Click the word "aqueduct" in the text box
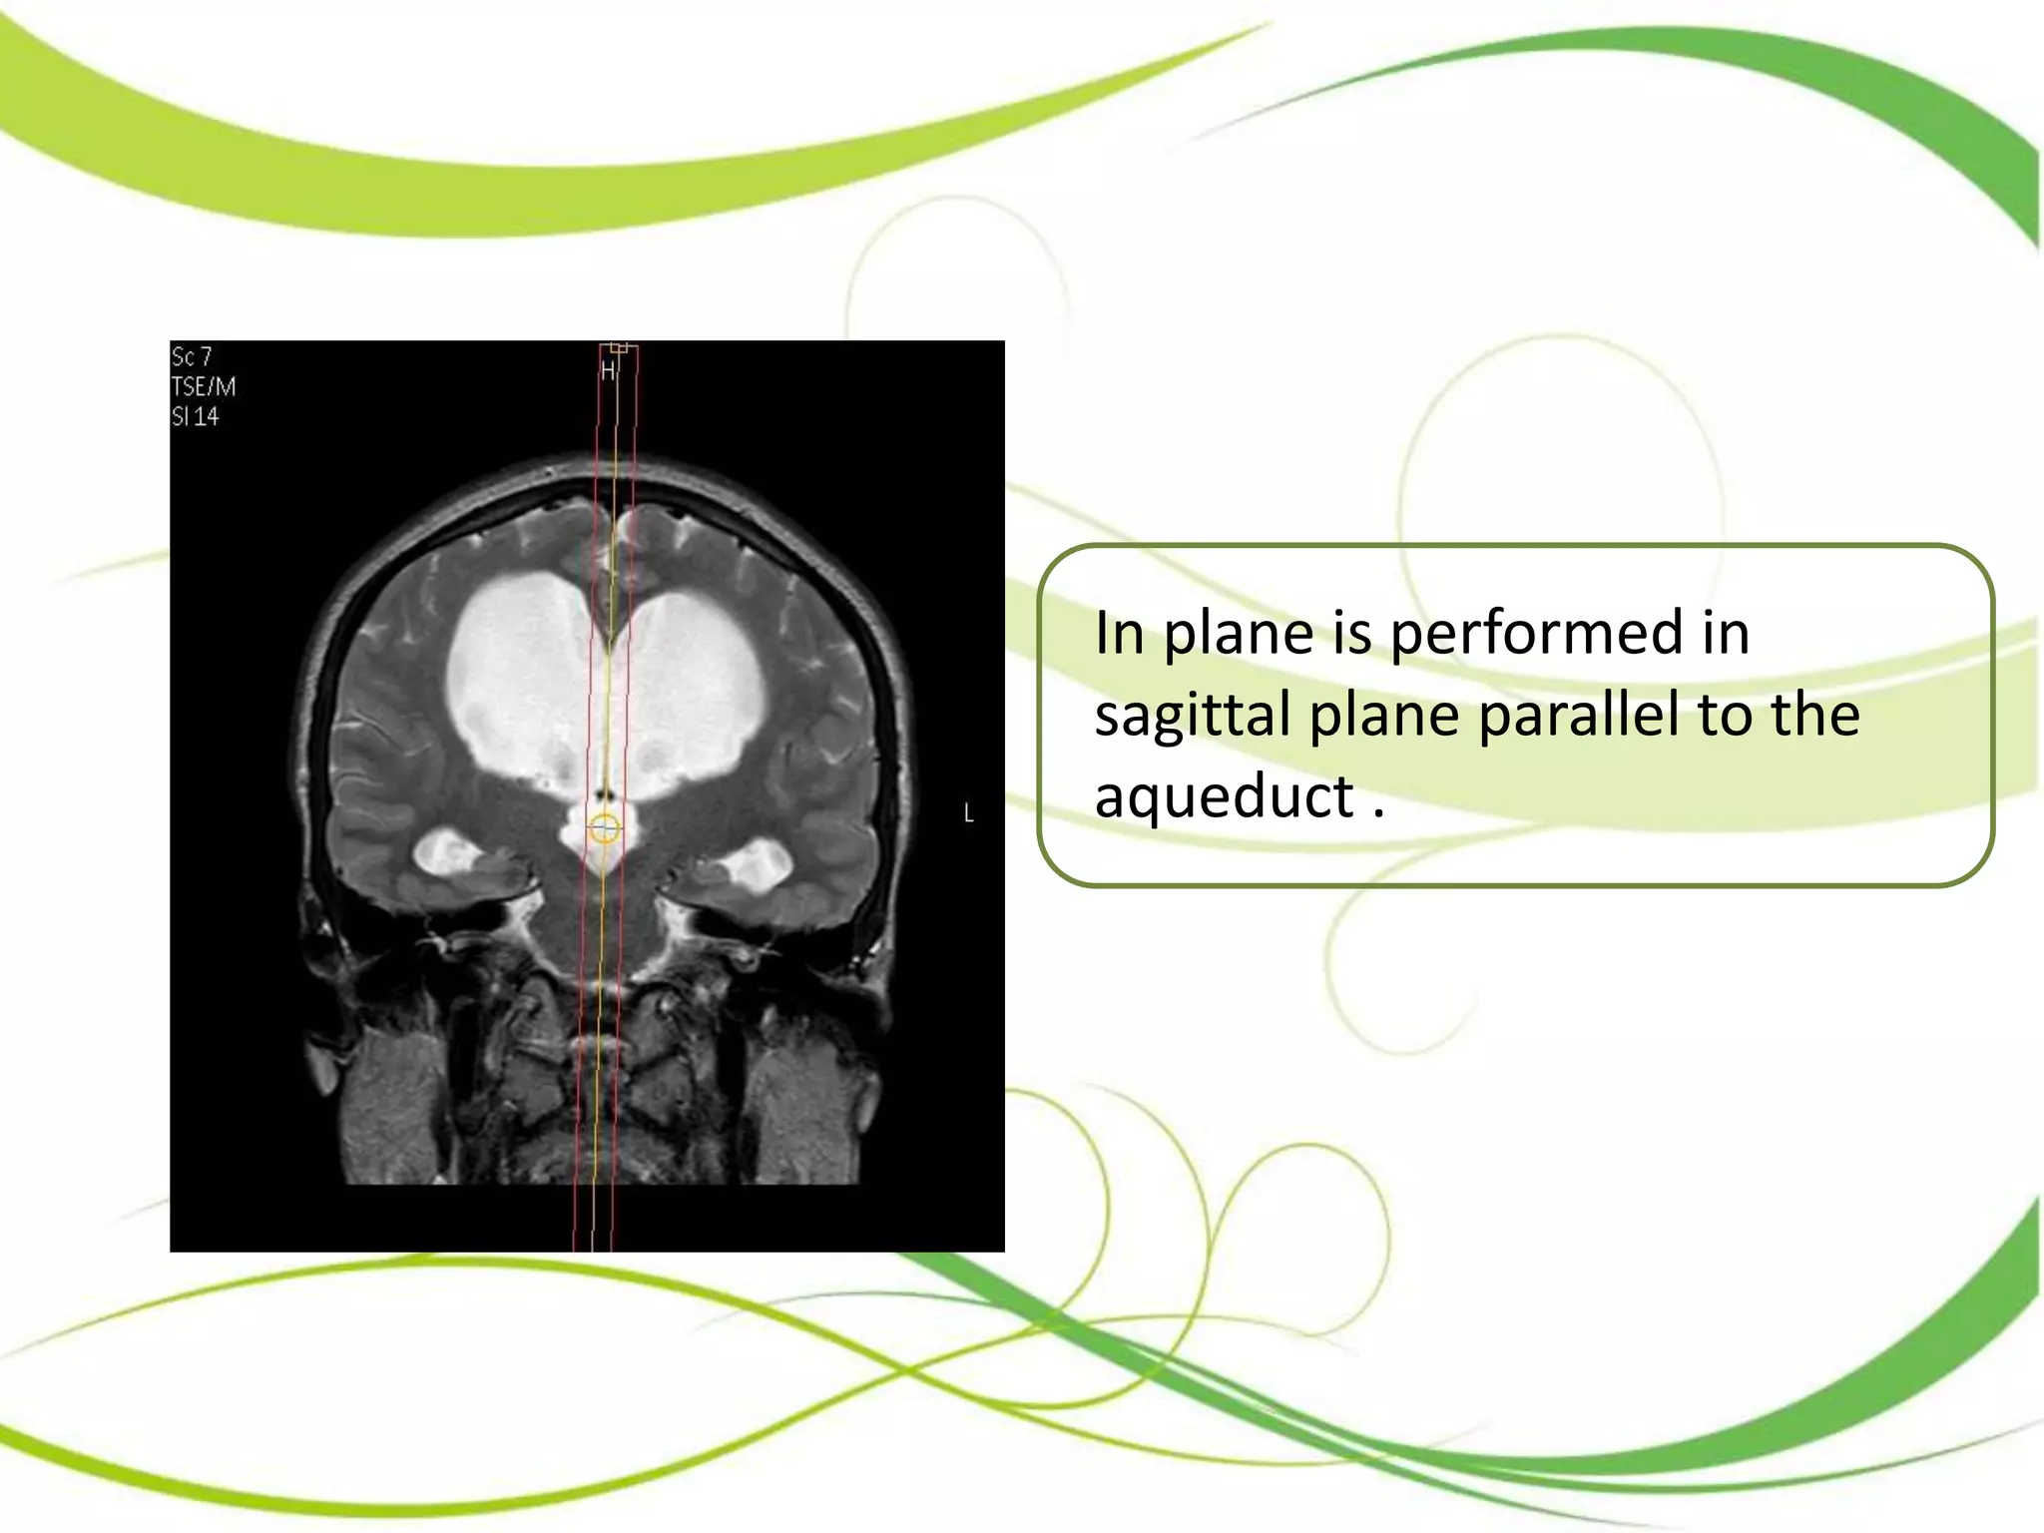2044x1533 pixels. tap(1224, 797)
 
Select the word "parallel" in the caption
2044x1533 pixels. tap(1577, 715)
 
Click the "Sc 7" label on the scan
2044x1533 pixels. tap(192, 356)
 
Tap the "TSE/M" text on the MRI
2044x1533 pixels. tap(204, 386)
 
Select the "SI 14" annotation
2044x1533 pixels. tap(196, 416)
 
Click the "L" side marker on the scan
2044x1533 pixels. tap(968, 813)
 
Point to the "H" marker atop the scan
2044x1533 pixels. tap(608, 371)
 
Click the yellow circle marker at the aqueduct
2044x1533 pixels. tap(604, 828)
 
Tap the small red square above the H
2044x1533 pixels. tap(620, 347)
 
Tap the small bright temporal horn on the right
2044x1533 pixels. tap(761, 864)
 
